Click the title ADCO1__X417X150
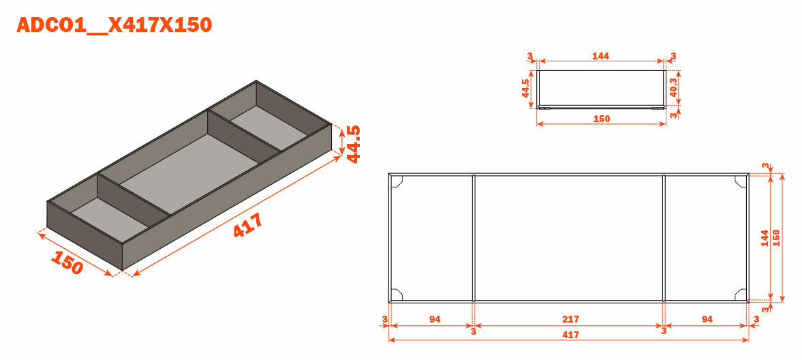tap(114, 25)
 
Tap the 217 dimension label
tap(570, 320)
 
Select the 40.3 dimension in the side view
tap(674, 87)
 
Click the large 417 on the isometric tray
tap(248, 225)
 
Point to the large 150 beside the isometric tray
tap(67, 262)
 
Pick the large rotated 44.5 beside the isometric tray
tap(354, 144)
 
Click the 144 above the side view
tap(600, 57)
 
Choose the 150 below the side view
tap(602, 119)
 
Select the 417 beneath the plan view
tap(570, 335)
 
